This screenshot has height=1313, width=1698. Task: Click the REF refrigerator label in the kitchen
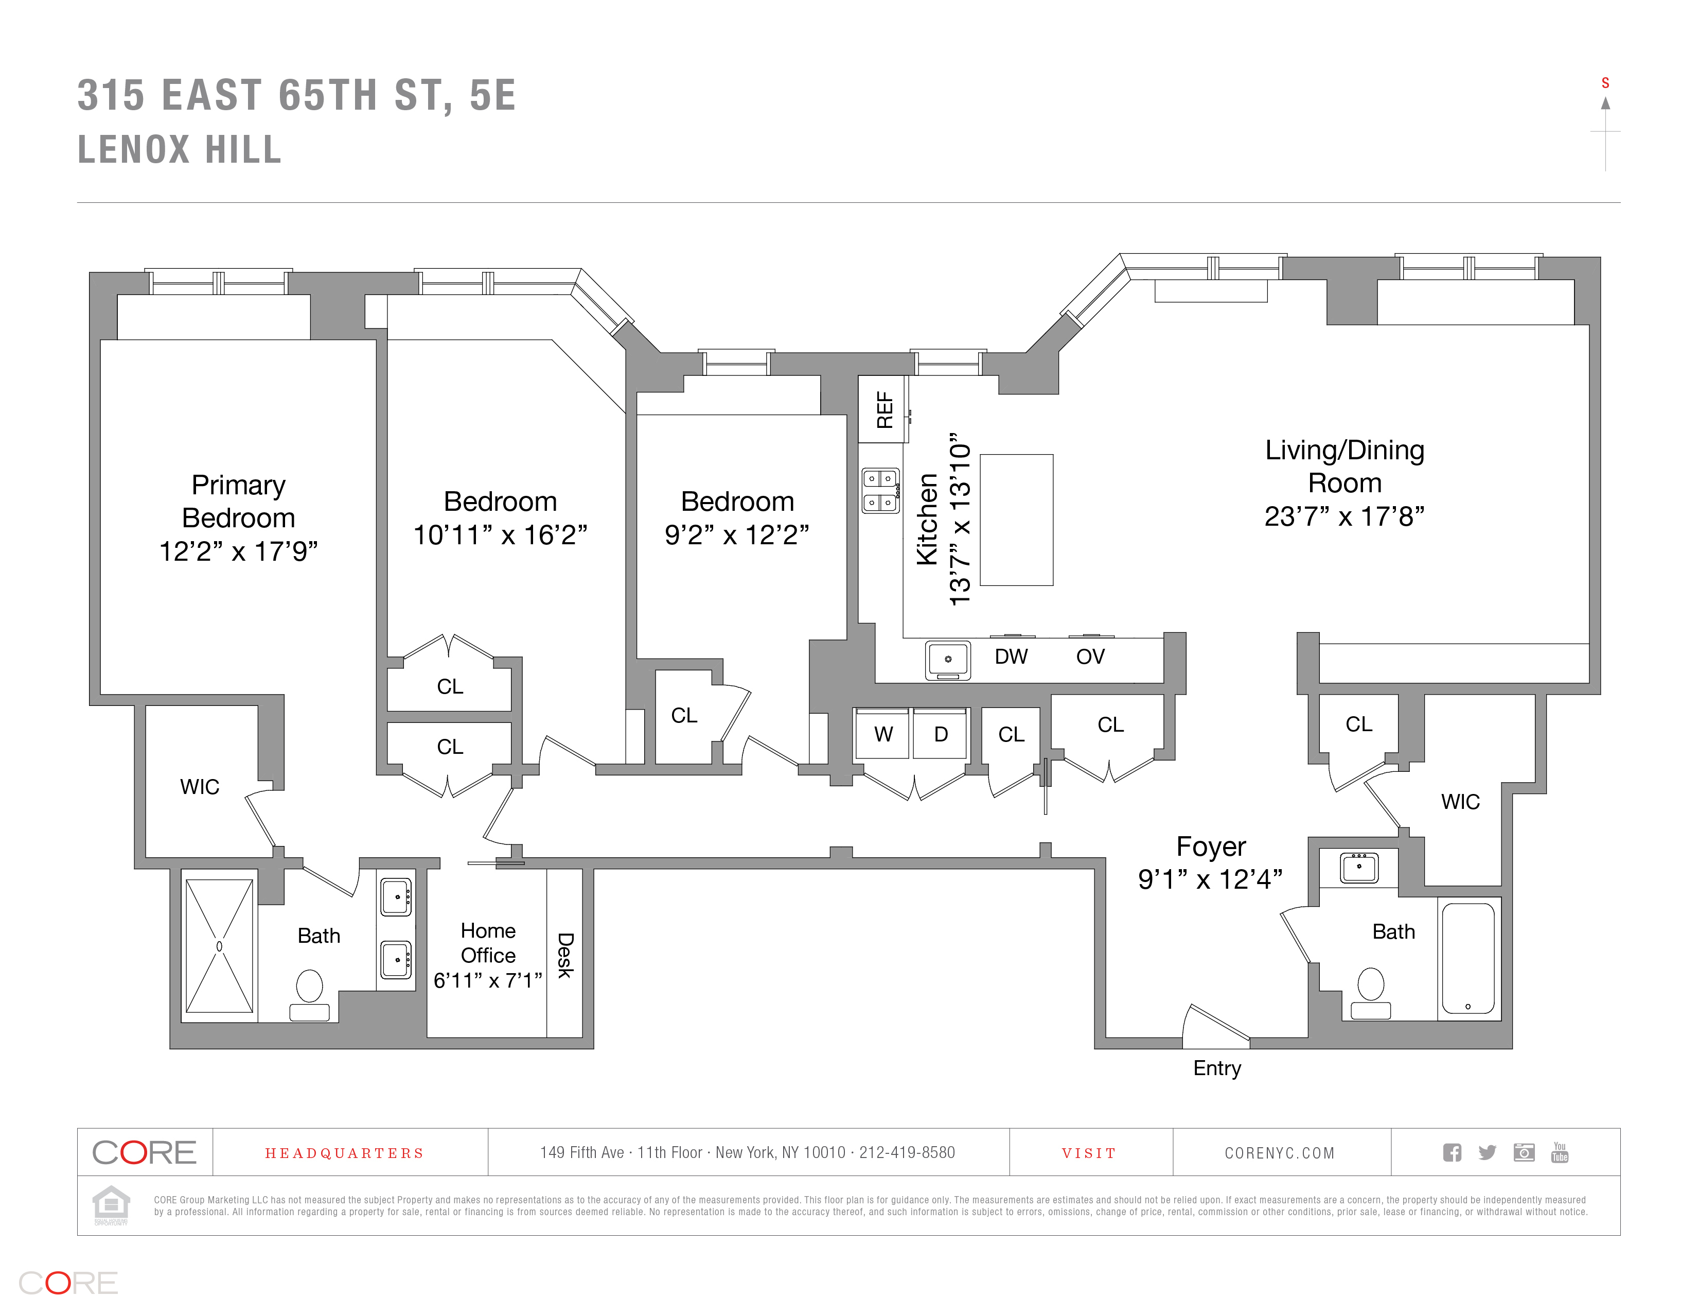884,410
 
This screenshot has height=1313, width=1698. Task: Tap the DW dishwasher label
1011,656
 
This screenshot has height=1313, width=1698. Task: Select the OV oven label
1090,656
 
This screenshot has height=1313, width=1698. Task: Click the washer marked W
882,734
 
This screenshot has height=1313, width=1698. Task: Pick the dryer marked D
941,734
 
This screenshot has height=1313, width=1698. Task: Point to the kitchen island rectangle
1016,520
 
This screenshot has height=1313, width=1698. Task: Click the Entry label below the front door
1217,1068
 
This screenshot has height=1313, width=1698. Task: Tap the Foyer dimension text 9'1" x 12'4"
1210,879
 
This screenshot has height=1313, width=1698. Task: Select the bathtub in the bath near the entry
1468,958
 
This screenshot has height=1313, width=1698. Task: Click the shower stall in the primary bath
219,946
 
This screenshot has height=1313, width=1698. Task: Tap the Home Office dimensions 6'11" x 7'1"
487,981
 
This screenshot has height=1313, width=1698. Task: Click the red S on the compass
1605,83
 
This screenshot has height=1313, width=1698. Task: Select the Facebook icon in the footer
1452,1153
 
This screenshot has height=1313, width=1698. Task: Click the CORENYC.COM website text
1279,1153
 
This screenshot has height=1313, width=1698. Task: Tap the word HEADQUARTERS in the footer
344,1153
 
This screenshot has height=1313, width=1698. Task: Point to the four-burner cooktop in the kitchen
880,491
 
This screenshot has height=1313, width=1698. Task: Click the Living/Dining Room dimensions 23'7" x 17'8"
1343,516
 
